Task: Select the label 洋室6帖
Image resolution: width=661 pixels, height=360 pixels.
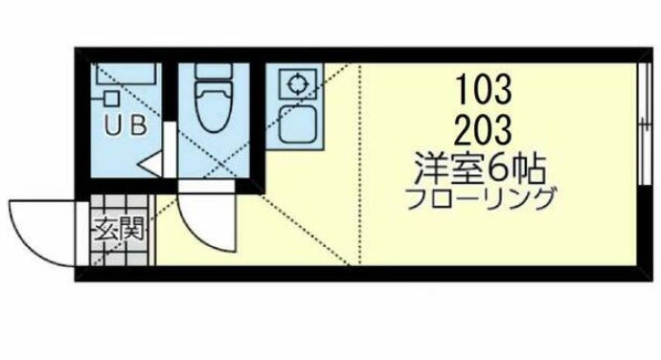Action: click(480, 169)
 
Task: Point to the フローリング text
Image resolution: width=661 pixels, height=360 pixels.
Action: click(480, 199)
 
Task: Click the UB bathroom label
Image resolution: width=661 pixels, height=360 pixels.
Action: click(125, 125)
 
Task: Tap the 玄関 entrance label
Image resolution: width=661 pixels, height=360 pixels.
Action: click(120, 230)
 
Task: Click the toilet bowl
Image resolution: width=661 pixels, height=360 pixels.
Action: click(215, 106)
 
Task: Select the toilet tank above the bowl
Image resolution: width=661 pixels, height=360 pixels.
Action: click(215, 71)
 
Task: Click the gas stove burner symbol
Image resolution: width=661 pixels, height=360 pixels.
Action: click(298, 83)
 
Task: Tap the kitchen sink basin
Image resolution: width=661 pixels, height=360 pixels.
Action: click(298, 124)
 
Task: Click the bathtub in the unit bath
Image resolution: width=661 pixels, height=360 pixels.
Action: click(128, 74)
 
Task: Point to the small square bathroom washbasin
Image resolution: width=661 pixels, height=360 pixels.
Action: click(111, 99)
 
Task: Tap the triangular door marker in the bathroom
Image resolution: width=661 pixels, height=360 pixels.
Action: click(150, 163)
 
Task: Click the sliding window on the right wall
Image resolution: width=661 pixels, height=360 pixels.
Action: click(644, 124)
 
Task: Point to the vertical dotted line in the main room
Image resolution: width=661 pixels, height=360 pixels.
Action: click(359, 165)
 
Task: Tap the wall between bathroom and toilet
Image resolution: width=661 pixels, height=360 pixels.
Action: click(170, 91)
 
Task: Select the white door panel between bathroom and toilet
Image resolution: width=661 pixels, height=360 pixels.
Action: click(170, 149)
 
